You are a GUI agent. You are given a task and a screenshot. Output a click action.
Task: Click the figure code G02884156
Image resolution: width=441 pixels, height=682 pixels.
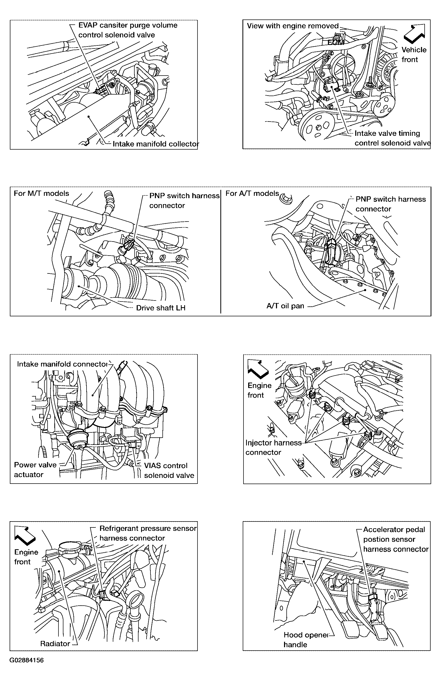point(26,660)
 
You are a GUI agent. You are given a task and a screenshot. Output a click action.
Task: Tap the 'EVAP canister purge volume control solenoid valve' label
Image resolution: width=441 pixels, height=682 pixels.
point(127,30)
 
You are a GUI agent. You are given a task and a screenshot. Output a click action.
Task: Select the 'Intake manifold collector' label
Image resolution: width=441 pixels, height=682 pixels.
point(155,144)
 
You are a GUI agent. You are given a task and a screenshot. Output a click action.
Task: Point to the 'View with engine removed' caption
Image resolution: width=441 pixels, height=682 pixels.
point(293,26)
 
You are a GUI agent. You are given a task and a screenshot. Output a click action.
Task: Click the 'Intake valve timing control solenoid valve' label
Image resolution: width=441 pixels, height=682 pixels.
point(392,138)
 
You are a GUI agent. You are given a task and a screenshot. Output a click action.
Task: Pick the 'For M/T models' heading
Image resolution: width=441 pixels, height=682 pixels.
point(41,193)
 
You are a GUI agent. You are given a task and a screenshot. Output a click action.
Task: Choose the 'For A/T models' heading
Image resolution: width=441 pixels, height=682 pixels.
point(252,193)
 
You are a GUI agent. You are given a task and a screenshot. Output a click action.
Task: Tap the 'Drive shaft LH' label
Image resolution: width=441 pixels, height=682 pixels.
point(161,308)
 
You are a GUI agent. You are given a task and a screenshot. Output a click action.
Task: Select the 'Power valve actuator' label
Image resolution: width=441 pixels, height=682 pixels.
point(35,470)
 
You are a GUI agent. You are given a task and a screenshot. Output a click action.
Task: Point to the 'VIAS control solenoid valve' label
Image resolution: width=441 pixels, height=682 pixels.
point(169,471)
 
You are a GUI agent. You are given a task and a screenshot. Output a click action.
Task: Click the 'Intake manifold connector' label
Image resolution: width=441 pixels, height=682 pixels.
point(62,364)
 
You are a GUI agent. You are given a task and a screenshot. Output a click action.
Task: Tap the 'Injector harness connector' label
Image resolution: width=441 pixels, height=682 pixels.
point(273,447)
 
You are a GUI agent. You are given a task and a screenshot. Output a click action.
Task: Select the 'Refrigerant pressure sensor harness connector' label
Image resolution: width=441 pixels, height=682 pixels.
point(148,533)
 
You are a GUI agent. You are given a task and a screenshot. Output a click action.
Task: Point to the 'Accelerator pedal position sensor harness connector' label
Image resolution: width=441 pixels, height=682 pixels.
point(396,539)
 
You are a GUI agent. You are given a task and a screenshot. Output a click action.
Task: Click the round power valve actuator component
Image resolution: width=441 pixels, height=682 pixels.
point(77,438)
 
